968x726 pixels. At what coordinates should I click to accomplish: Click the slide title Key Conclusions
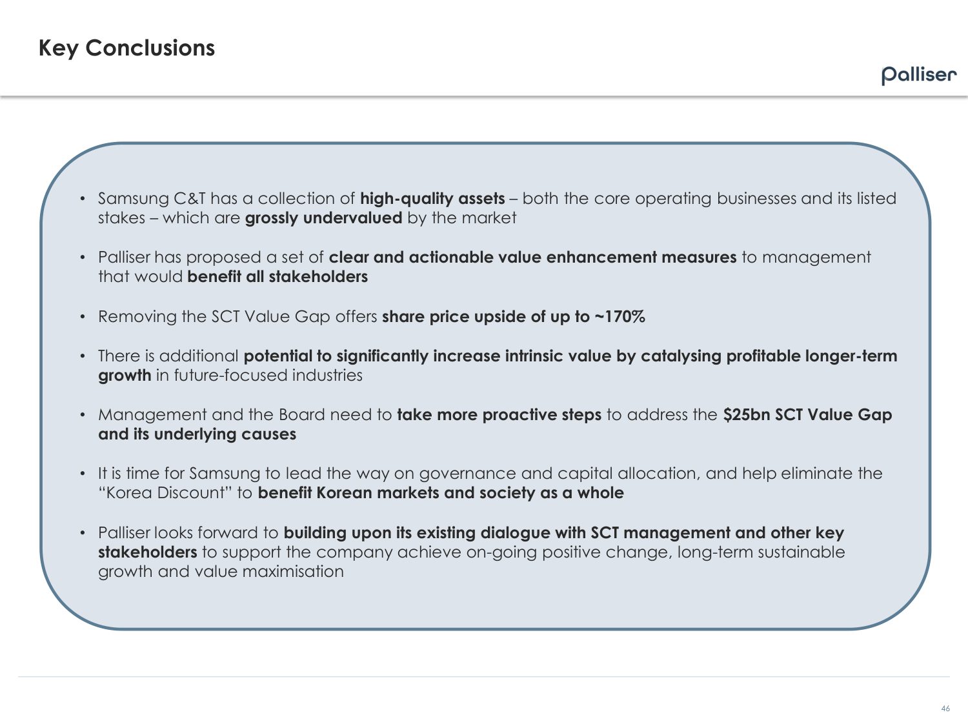pos(126,48)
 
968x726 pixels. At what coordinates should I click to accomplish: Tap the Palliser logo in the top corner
pos(919,75)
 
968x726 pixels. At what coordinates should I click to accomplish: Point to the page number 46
pos(945,709)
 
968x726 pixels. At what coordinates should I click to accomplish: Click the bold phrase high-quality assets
pos(432,199)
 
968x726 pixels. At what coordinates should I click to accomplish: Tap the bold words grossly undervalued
pos(323,218)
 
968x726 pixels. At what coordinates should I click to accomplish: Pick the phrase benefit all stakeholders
pos(277,277)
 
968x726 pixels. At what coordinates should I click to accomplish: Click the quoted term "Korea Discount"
pos(165,493)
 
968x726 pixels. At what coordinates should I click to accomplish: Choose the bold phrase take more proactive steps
pos(499,415)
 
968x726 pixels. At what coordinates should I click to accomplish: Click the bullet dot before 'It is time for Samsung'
pos(83,474)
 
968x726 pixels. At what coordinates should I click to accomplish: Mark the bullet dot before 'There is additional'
pos(83,356)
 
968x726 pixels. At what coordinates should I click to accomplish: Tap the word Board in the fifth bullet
pos(301,415)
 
